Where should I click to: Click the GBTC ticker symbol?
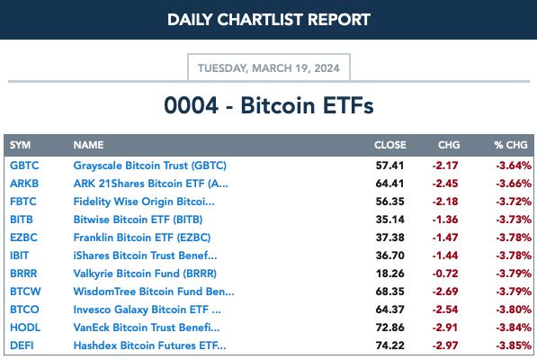point(24,166)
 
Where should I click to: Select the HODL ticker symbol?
point(25,328)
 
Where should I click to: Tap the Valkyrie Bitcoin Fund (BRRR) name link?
point(145,274)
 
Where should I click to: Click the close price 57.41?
point(389,166)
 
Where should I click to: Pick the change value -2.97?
point(445,346)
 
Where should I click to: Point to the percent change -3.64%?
point(514,166)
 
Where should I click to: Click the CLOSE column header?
point(390,145)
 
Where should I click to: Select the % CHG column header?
point(511,145)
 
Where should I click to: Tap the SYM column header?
point(20,145)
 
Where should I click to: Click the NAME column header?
point(88,145)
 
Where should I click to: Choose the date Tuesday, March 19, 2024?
point(269,68)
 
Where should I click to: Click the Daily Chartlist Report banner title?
point(269,20)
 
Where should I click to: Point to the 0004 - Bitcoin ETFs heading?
point(269,105)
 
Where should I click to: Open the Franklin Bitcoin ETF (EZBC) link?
point(142,238)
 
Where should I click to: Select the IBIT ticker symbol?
point(19,256)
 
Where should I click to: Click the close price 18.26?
point(389,274)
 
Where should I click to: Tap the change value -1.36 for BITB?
point(445,220)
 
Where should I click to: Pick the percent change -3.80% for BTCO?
point(514,310)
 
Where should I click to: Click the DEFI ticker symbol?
point(22,346)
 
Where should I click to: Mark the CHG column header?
point(449,145)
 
